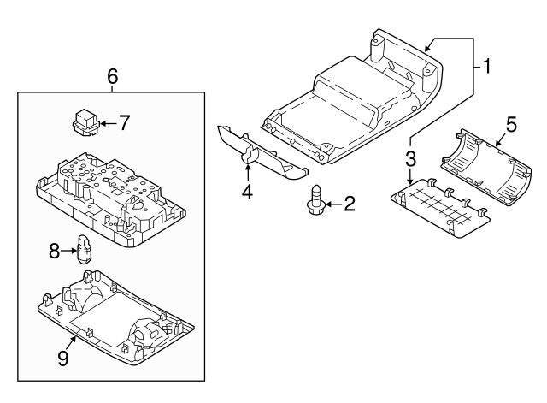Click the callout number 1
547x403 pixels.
click(486, 66)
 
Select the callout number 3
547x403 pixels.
click(410, 158)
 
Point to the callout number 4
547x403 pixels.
click(247, 192)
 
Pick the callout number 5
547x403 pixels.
click(510, 124)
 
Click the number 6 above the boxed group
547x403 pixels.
click(112, 76)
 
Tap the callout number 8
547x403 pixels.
click(54, 252)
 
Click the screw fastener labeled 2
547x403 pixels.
click(315, 201)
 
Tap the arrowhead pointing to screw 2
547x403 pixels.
click(328, 203)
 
